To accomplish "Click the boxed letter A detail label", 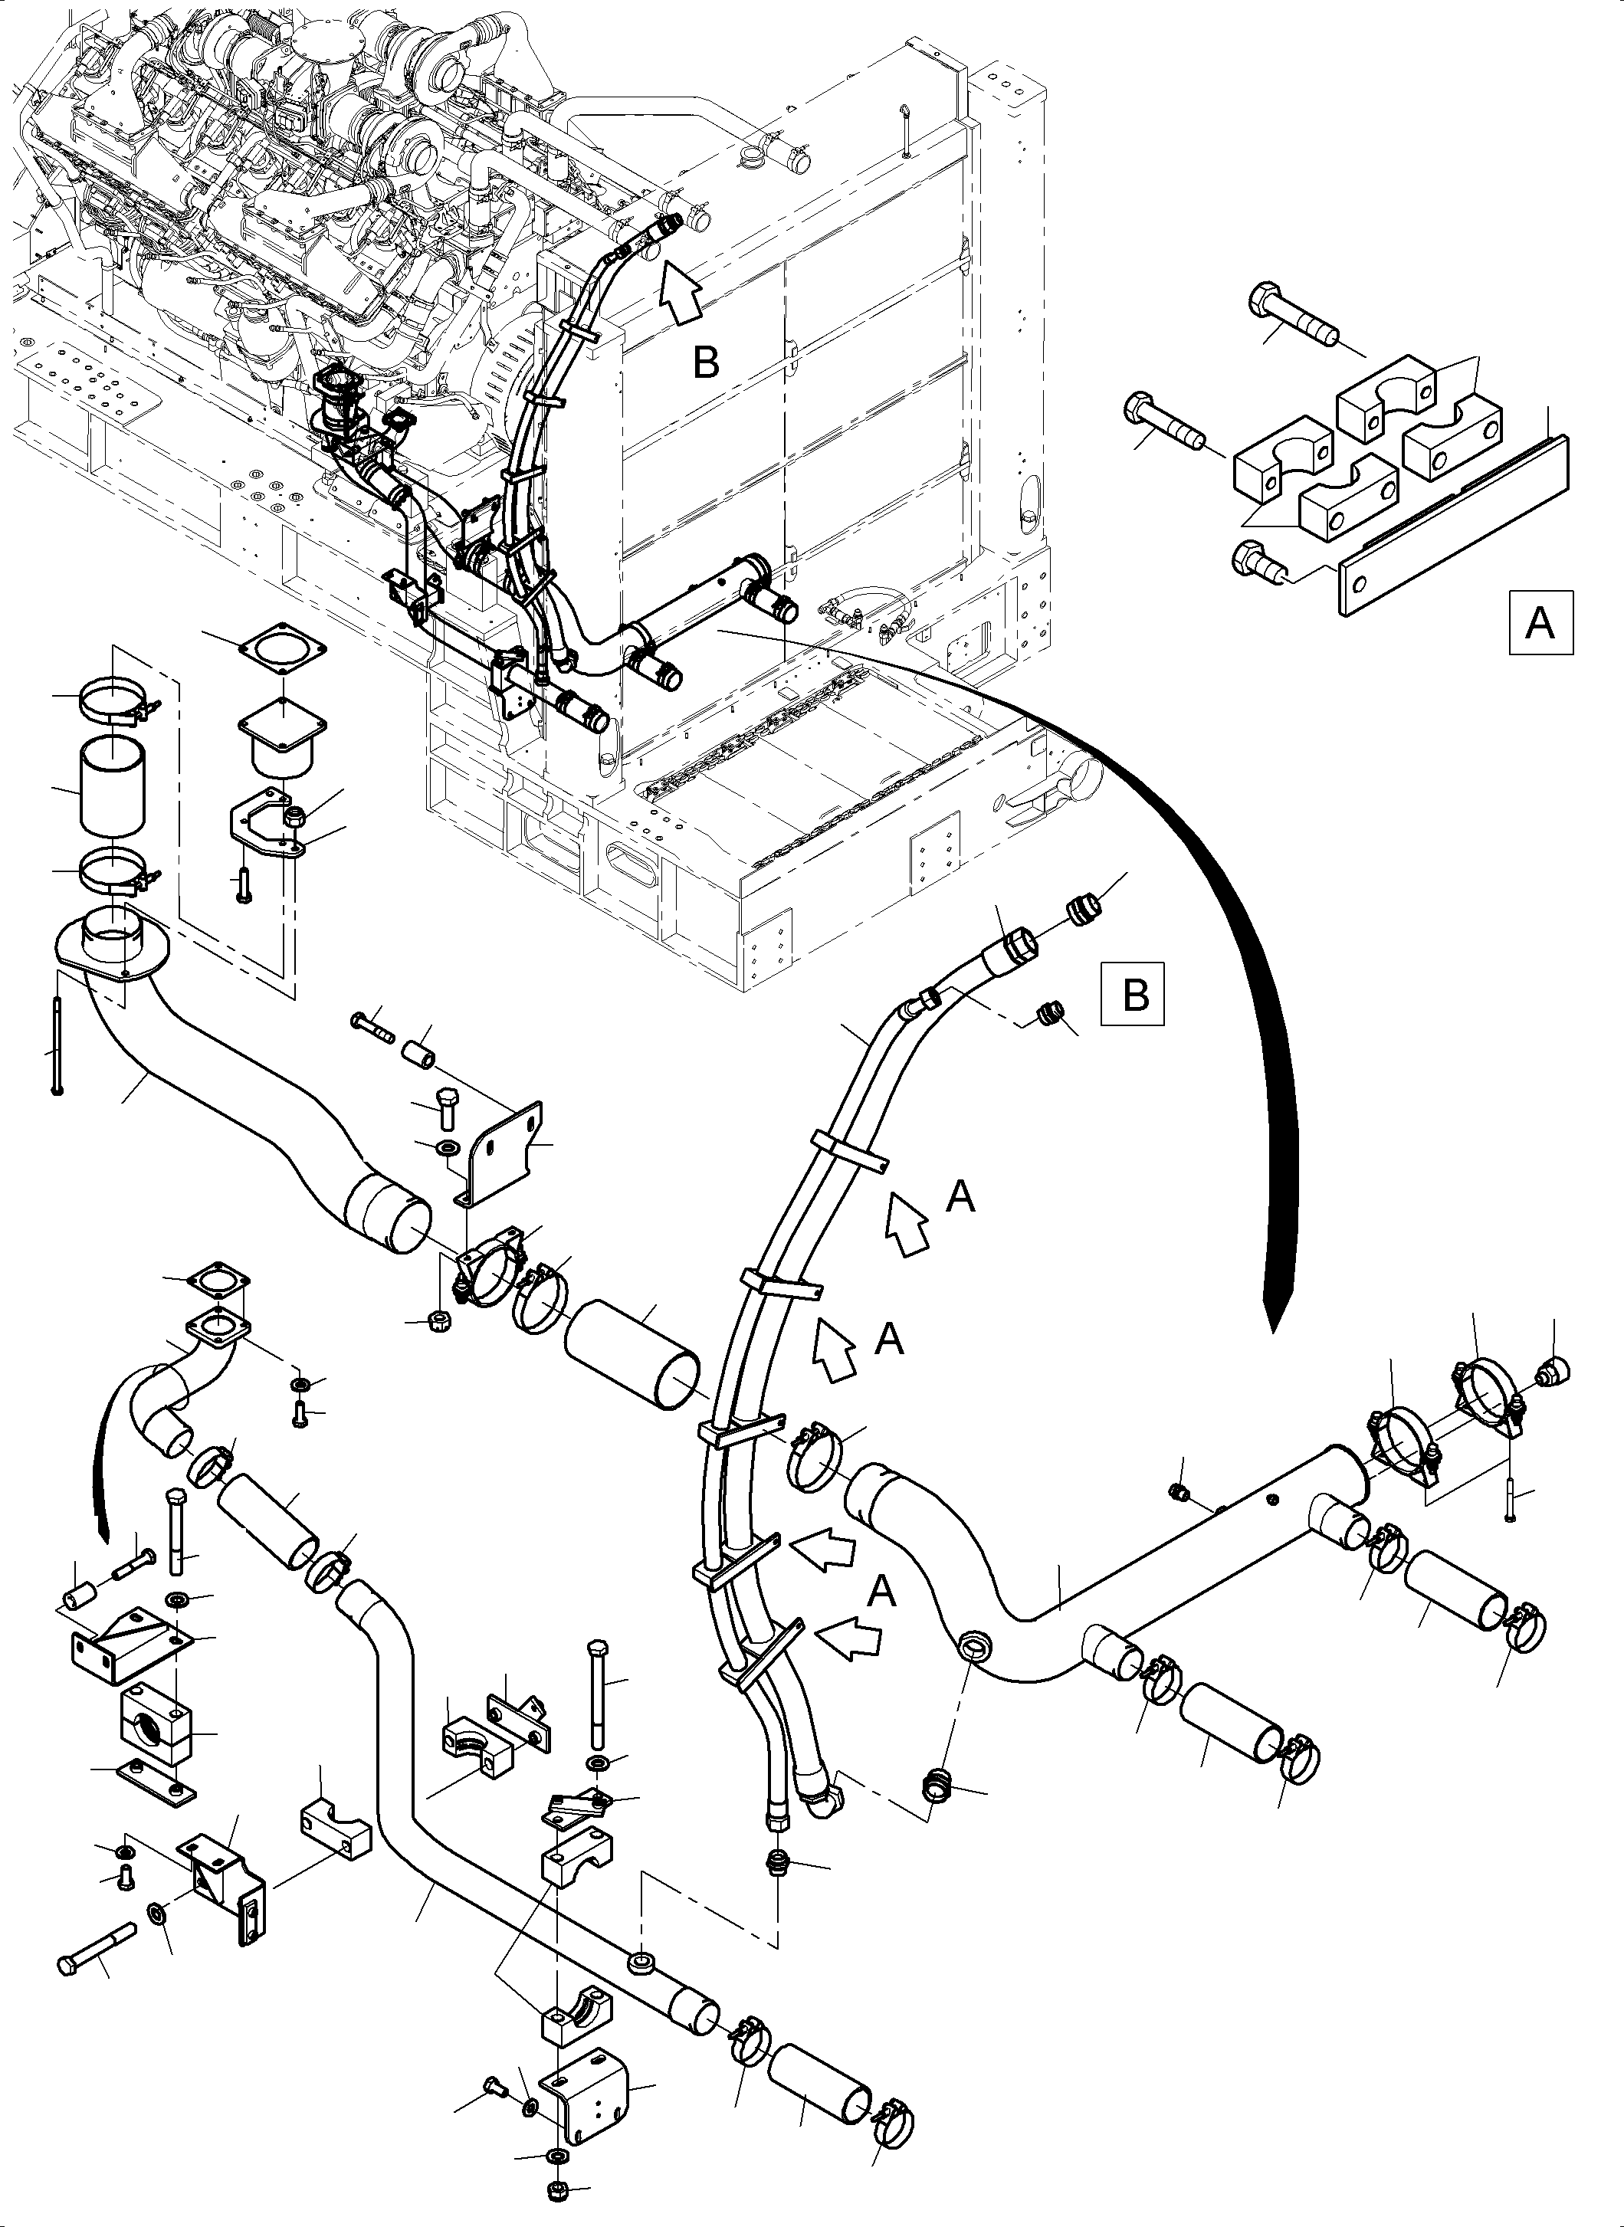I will tap(1540, 621).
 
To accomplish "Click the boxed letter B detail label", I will tap(1134, 995).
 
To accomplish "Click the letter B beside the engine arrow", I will tap(706, 362).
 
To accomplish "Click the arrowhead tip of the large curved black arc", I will tap(1273, 1328).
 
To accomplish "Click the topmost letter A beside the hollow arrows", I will tap(960, 1196).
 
